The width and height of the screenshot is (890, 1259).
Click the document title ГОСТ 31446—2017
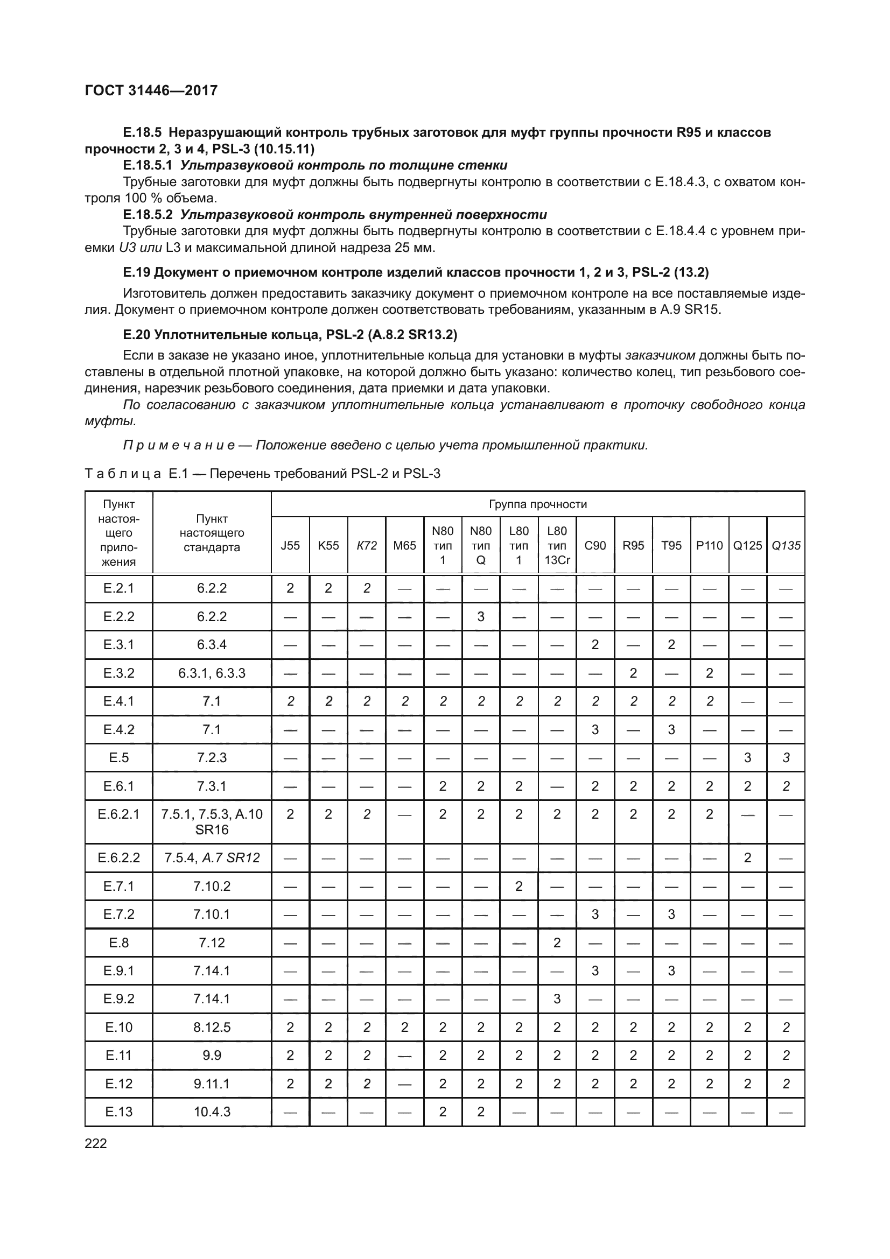click(x=151, y=90)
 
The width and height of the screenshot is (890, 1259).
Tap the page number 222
click(x=96, y=1143)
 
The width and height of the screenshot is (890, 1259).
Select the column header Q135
click(x=786, y=546)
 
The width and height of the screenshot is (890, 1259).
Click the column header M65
click(x=405, y=546)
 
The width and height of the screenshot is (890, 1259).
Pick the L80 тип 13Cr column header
click(x=557, y=546)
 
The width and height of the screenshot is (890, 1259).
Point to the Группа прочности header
click(x=537, y=504)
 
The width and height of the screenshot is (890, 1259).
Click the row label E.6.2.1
click(x=118, y=814)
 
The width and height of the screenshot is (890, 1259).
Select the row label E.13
click(x=118, y=1112)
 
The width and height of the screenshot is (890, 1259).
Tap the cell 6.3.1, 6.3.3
click(x=212, y=673)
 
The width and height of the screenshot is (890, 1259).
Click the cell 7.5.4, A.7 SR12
click(x=212, y=857)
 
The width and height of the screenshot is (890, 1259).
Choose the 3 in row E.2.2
click(x=481, y=616)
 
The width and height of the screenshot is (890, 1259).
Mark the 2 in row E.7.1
click(x=518, y=886)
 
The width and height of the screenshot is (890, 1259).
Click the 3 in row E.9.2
click(x=557, y=998)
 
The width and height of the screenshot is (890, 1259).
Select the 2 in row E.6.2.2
click(x=747, y=857)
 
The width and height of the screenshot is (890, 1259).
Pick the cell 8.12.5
click(x=212, y=1027)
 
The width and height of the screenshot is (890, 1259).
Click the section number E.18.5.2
click(x=148, y=214)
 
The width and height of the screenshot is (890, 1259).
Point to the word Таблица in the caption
click(x=123, y=474)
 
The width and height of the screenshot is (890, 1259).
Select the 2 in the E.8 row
click(x=557, y=943)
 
